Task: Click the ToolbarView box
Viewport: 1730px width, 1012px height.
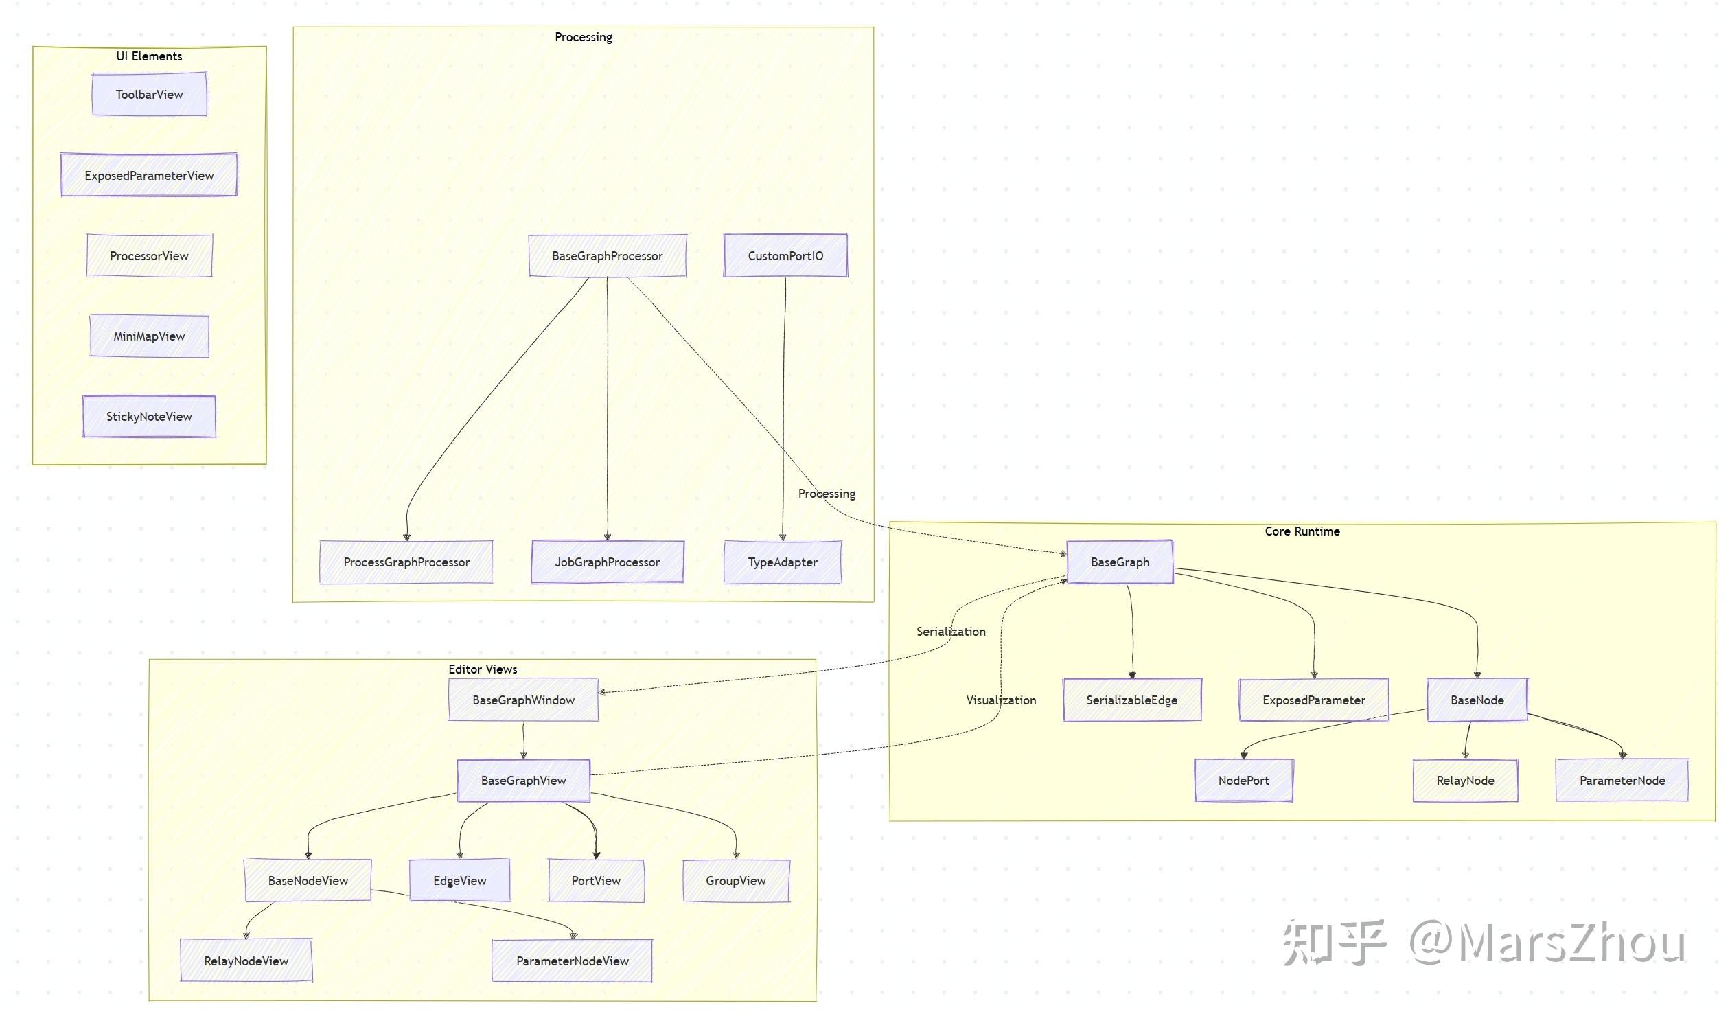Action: tap(149, 95)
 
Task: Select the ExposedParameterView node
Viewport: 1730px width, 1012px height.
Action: tap(149, 175)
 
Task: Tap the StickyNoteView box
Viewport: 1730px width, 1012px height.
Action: tap(149, 417)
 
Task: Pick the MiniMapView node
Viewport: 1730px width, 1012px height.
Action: tap(149, 336)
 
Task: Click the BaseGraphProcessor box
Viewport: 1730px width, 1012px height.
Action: tap(607, 256)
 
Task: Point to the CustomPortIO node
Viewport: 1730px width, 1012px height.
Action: tap(785, 256)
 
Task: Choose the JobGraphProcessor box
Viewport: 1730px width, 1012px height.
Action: tap(607, 562)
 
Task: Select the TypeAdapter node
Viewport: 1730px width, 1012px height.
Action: tap(783, 562)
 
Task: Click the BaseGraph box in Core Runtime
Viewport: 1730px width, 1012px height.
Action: tap(1120, 562)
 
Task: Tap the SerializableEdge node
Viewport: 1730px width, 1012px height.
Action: tap(1131, 700)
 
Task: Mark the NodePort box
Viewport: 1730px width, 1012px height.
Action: tap(1243, 781)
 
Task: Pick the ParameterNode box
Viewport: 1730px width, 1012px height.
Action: tap(1622, 781)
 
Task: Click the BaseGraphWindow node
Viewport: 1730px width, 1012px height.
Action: tap(523, 700)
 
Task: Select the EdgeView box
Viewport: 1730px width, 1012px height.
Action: tap(459, 881)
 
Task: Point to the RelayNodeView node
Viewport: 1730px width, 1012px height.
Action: tap(246, 961)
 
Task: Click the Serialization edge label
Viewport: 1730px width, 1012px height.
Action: tap(951, 632)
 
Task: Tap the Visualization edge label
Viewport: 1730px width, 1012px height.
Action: tap(1001, 700)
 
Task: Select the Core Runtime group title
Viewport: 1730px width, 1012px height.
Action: tap(1302, 531)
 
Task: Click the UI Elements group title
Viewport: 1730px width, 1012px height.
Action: tap(149, 56)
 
